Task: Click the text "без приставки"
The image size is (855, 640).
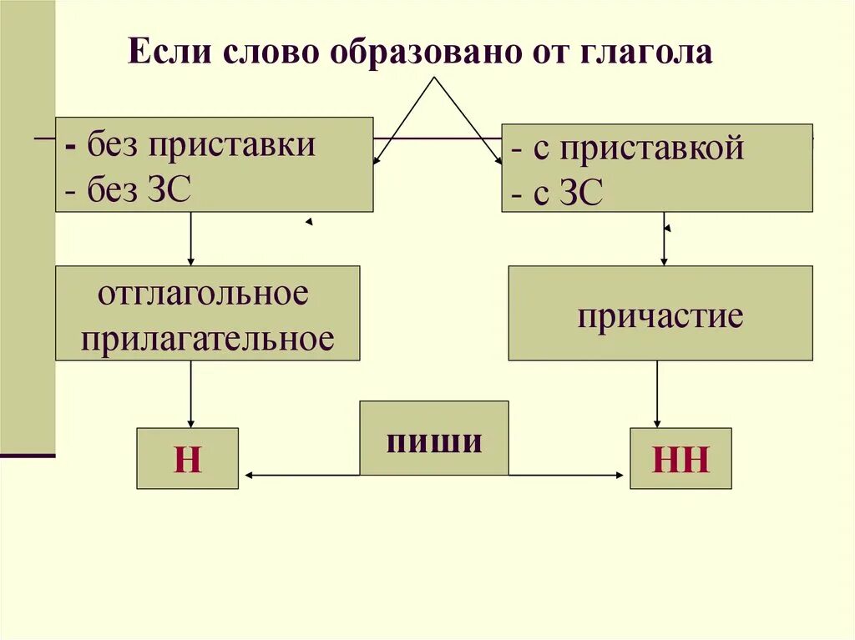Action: pyautogui.click(x=202, y=146)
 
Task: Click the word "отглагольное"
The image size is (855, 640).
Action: pyautogui.click(x=203, y=295)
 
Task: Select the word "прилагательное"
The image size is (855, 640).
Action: pyautogui.click(x=208, y=339)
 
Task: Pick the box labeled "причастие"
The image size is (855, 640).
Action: pyautogui.click(x=660, y=313)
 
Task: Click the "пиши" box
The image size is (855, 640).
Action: pyautogui.click(x=433, y=438)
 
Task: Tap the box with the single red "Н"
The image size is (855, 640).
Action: pyautogui.click(x=187, y=458)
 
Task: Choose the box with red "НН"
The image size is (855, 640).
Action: pyautogui.click(x=680, y=458)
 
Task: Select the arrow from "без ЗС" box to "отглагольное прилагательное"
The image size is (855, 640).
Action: pyautogui.click(x=191, y=239)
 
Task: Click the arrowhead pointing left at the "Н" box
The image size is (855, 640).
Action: pyautogui.click(x=249, y=476)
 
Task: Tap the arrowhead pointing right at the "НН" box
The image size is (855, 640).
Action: pyautogui.click(x=619, y=476)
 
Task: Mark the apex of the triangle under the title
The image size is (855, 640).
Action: pyautogui.click(x=433, y=78)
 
